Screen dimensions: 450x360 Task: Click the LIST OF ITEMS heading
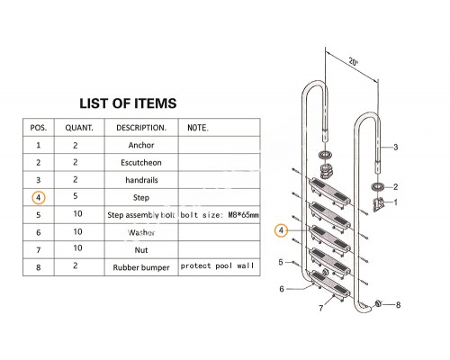(128, 103)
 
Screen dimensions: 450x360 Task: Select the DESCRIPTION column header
(141, 128)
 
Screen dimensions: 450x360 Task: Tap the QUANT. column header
(79, 128)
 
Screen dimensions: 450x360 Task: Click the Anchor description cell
(141, 145)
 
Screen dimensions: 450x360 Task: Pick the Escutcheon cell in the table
(141, 163)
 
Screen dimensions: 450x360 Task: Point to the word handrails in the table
(141, 180)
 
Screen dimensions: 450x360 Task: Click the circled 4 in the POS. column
(39, 198)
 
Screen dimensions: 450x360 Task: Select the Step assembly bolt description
(141, 215)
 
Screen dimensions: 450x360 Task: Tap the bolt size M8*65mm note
(220, 215)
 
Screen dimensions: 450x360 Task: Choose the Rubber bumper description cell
(141, 267)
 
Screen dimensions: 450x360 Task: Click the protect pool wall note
(217, 265)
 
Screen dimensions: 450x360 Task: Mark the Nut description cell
(141, 250)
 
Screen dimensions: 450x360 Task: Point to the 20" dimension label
(354, 62)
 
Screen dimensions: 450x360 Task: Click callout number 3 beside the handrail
(395, 147)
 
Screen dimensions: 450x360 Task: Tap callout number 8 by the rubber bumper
(398, 305)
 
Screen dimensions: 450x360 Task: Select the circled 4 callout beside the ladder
(281, 230)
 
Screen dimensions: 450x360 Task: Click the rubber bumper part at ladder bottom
(378, 303)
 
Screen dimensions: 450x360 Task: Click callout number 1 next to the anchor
(395, 202)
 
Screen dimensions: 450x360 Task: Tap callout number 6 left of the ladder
(282, 289)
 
